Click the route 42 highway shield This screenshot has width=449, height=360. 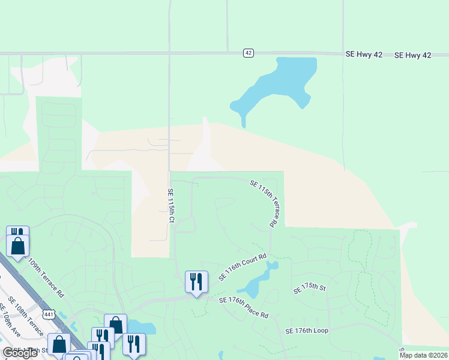(248, 53)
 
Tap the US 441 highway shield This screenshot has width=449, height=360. (49, 313)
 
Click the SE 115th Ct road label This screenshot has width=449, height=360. (170, 207)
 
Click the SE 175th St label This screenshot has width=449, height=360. (309, 289)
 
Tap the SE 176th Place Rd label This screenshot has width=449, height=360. (244, 307)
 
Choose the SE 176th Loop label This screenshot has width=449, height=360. (307, 331)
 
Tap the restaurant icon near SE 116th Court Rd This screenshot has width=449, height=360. (196, 281)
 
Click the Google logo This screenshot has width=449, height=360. (20, 353)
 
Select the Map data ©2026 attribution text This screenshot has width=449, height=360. (423, 355)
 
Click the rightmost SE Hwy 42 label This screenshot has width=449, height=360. (413, 55)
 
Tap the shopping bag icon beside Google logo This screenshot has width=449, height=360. (59, 344)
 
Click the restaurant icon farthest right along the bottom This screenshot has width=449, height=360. (134, 344)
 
